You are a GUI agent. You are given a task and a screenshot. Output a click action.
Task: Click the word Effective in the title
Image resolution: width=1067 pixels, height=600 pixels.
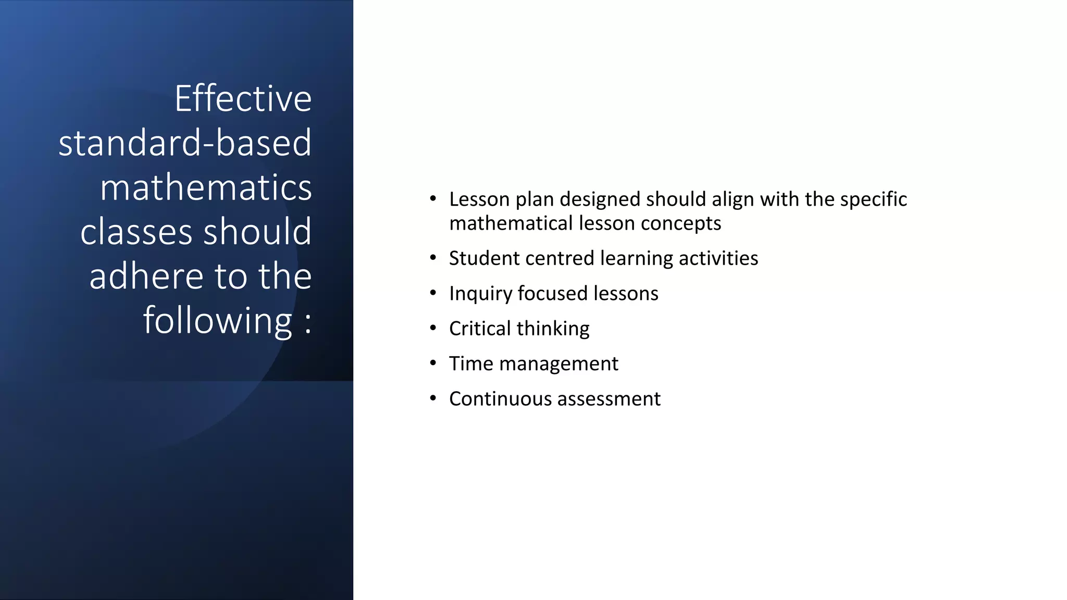pos(243,98)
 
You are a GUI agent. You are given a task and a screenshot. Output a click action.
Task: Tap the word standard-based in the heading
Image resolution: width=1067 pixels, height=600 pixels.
pos(185,143)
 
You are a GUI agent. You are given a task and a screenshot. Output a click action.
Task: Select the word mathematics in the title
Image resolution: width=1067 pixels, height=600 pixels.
pos(206,187)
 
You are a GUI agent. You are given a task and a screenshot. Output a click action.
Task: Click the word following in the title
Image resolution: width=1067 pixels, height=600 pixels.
pos(218,321)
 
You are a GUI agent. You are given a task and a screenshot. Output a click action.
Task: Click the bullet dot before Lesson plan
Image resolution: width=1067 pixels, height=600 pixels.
pos(433,199)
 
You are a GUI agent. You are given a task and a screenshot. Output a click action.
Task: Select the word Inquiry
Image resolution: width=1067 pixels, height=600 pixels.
pos(480,294)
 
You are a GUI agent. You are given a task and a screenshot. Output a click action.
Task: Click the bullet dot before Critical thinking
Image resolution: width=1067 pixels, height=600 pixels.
pos(433,328)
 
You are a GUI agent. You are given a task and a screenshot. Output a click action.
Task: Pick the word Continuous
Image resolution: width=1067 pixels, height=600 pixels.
pos(501,399)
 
